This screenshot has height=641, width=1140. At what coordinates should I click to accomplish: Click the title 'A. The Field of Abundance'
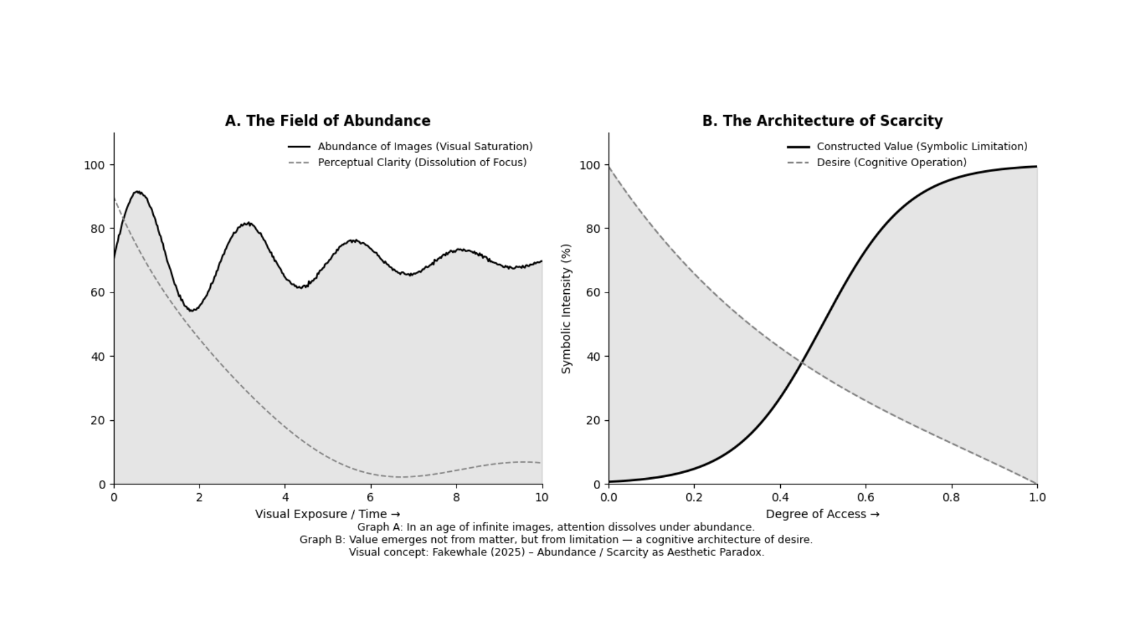[x=327, y=121]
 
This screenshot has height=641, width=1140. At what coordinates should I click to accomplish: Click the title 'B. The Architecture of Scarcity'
[x=822, y=121]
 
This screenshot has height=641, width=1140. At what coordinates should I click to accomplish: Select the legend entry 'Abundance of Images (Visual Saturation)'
[x=425, y=147]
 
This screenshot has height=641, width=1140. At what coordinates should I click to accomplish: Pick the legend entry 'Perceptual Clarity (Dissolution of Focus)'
[x=422, y=163]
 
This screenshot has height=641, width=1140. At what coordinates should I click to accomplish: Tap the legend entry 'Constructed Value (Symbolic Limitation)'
[x=921, y=147]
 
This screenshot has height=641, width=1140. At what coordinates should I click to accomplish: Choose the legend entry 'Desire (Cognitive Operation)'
[x=891, y=163]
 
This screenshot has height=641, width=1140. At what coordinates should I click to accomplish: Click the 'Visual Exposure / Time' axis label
[x=327, y=514]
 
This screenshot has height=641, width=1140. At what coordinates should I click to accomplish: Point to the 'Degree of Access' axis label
[x=822, y=514]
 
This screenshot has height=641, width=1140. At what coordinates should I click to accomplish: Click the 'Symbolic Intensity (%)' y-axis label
[x=566, y=309]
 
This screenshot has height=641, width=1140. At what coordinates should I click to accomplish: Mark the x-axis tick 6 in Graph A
[x=370, y=497]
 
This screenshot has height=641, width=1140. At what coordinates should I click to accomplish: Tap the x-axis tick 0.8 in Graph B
[x=951, y=497]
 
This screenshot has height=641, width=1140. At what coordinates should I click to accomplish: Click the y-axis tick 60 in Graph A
[x=97, y=293]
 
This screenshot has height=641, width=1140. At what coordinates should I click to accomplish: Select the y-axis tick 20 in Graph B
[x=593, y=421]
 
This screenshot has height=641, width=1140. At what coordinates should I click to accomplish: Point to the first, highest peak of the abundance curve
[x=138, y=192]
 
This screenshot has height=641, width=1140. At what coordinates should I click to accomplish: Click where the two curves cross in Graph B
[x=803, y=362]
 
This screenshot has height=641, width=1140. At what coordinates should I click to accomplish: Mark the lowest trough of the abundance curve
[x=192, y=310]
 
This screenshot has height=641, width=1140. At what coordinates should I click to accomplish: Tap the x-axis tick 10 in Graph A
[x=541, y=497]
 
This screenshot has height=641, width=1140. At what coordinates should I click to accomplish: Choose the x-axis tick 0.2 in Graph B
[x=694, y=497]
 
